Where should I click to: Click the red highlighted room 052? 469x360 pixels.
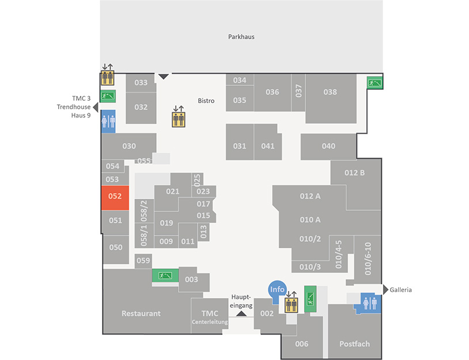click(x=115, y=198)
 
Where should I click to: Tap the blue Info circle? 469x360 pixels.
click(x=277, y=289)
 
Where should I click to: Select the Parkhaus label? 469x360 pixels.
click(x=241, y=37)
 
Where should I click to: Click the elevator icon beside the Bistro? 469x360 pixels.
click(x=179, y=119)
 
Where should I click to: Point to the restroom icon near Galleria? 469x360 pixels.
click(x=370, y=303)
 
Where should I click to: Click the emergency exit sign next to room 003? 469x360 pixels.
click(x=165, y=275)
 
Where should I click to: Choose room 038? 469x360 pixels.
click(x=331, y=98)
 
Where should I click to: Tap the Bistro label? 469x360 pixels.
click(x=206, y=101)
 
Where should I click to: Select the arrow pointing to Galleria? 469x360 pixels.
click(x=385, y=289)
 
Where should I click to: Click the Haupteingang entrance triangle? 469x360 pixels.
click(x=241, y=314)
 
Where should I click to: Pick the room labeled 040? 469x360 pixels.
click(x=328, y=146)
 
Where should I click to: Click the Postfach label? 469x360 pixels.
click(x=354, y=344)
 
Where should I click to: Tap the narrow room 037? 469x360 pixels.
click(x=298, y=93)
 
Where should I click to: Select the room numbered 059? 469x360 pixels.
click(x=143, y=261)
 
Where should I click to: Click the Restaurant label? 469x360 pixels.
click(x=141, y=313)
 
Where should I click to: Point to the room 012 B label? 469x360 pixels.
click(x=354, y=173)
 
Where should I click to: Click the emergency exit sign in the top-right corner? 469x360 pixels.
click(x=375, y=83)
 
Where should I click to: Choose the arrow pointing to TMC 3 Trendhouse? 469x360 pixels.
click(x=96, y=107)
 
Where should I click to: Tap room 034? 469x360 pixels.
click(x=240, y=80)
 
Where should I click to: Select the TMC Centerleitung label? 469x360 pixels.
click(x=210, y=317)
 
